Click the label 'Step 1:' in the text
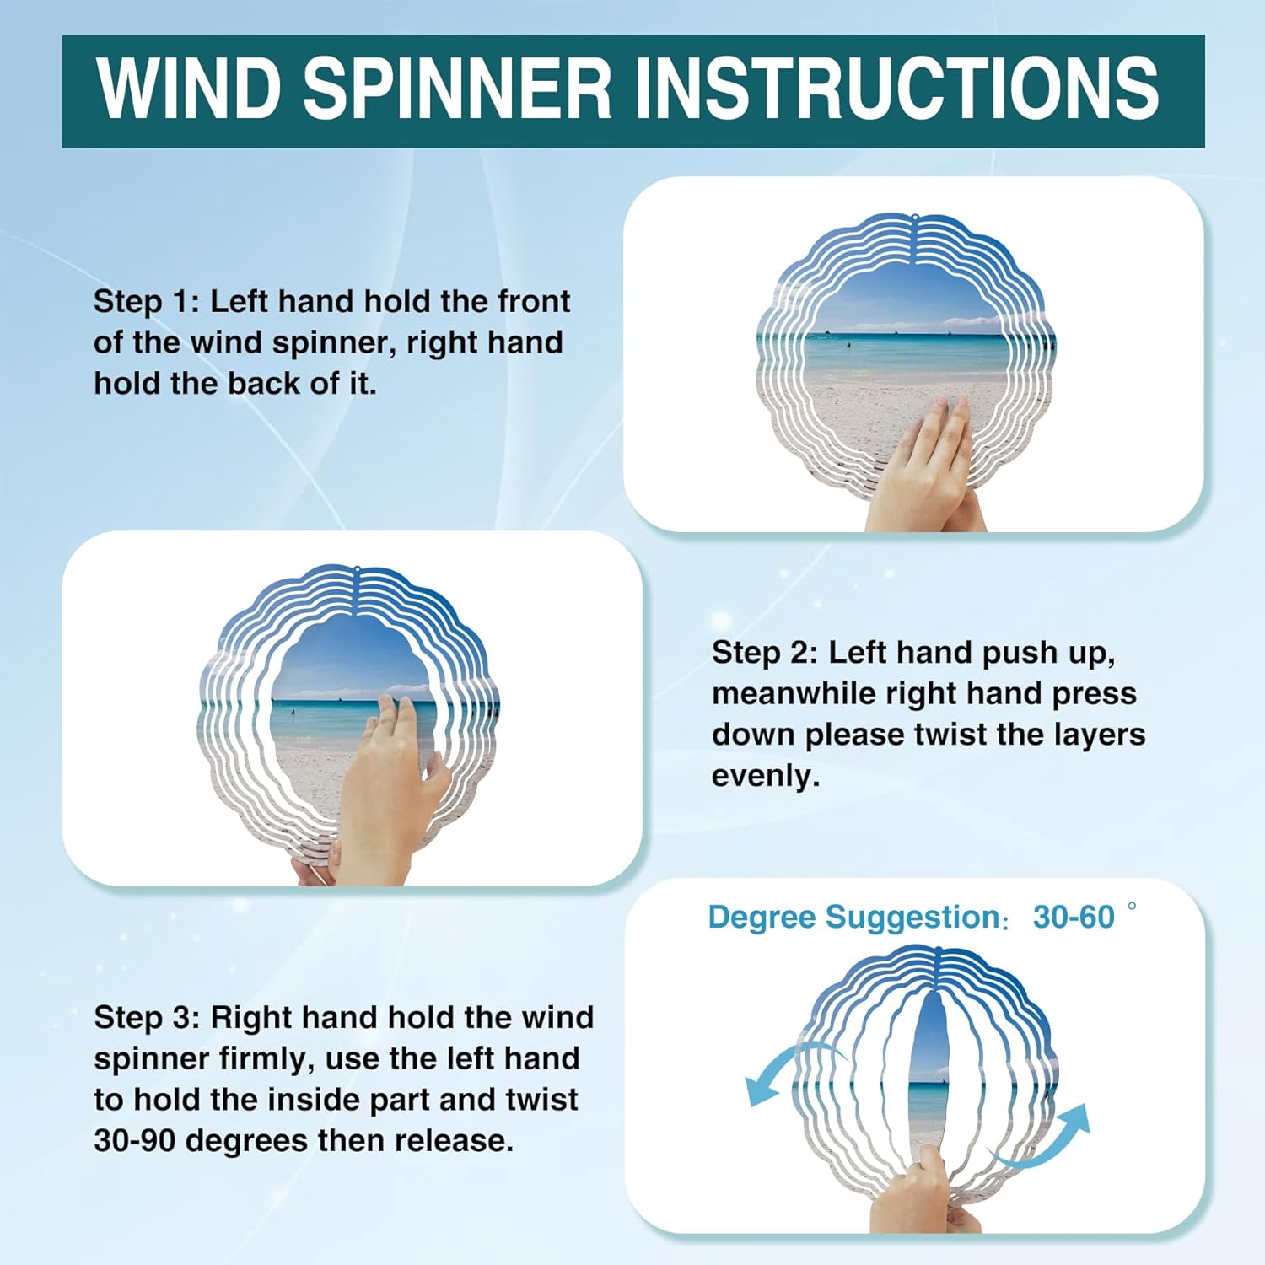147,301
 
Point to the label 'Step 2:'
765,652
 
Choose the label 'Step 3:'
147,1017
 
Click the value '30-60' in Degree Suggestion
1074,917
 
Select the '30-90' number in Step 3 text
135,1141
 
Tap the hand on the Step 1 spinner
923,468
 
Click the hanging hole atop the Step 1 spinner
914,222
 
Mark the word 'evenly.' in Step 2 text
766,777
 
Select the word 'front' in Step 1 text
534,301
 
